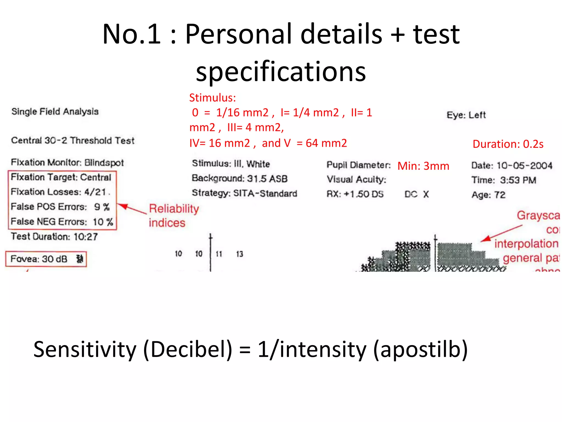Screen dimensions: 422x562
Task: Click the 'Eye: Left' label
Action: (466, 115)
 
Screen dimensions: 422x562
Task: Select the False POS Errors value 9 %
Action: (102, 207)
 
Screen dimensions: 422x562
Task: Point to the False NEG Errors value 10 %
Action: (103, 222)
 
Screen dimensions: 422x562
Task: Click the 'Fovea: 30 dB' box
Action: (46, 259)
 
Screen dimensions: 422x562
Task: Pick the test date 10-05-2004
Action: (524, 165)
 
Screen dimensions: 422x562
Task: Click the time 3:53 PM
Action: (518, 180)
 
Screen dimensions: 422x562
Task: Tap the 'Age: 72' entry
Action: (488, 195)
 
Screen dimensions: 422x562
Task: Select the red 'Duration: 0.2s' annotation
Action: (508, 144)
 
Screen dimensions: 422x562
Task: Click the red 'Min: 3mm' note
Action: (423, 166)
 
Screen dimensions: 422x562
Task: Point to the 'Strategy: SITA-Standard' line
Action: (244, 193)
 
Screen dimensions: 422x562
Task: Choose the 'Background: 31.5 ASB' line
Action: (239, 179)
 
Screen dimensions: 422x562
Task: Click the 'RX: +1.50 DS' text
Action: (355, 194)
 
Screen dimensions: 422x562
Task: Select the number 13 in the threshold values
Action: (239, 254)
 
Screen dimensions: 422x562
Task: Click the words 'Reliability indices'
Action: (173, 216)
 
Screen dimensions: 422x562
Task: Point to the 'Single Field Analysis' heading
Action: (55, 112)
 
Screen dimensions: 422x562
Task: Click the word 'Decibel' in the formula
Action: (188, 349)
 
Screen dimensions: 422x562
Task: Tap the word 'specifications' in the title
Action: (281, 71)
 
